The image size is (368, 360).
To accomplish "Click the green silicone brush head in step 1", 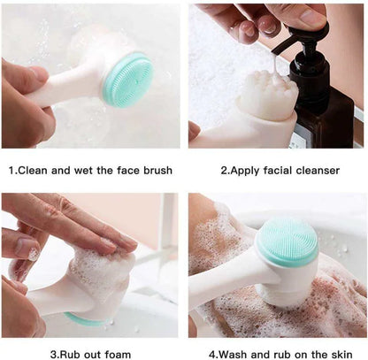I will click(x=128, y=78).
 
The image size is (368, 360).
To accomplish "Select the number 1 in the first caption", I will click(x=11, y=169).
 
